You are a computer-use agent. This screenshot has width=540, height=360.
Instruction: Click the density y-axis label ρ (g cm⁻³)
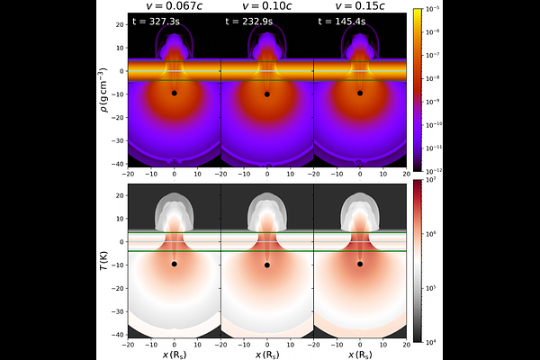click(x=102, y=89)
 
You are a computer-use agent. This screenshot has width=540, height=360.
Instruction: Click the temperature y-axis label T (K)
click(x=102, y=260)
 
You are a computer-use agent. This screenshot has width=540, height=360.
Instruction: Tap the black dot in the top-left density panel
click(x=175, y=93)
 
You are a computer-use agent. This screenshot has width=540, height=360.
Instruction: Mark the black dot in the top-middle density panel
click(x=267, y=94)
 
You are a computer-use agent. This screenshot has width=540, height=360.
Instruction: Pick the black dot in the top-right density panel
click(x=360, y=93)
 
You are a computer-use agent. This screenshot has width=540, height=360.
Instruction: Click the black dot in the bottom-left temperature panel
click(x=175, y=265)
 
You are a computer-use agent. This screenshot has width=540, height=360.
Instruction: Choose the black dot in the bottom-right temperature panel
click(x=360, y=264)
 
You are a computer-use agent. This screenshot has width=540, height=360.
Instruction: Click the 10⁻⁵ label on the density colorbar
click(x=436, y=9)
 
